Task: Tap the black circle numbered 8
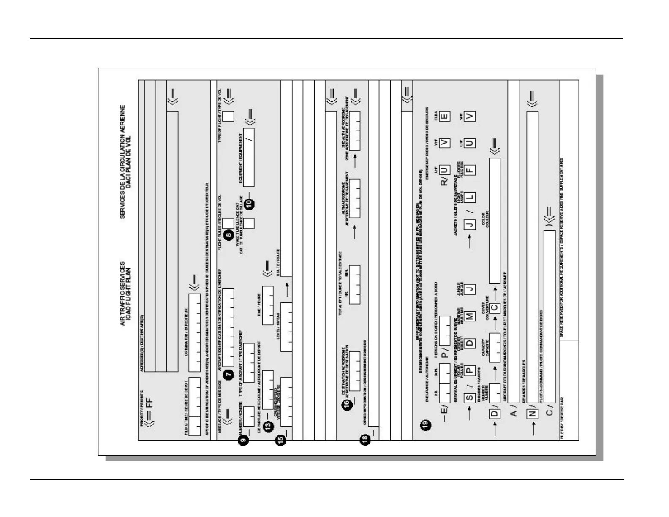click(x=229, y=236)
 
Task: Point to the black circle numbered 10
click(x=251, y=203)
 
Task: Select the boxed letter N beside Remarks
click(x=532, y=414)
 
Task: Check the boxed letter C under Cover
click(x=494, y=309)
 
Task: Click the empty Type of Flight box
click(x=228, y=116)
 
